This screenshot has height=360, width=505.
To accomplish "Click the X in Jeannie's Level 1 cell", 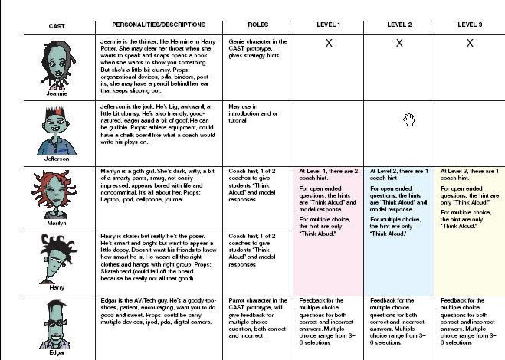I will [328, 44].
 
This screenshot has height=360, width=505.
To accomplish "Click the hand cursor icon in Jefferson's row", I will [409, 118].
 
